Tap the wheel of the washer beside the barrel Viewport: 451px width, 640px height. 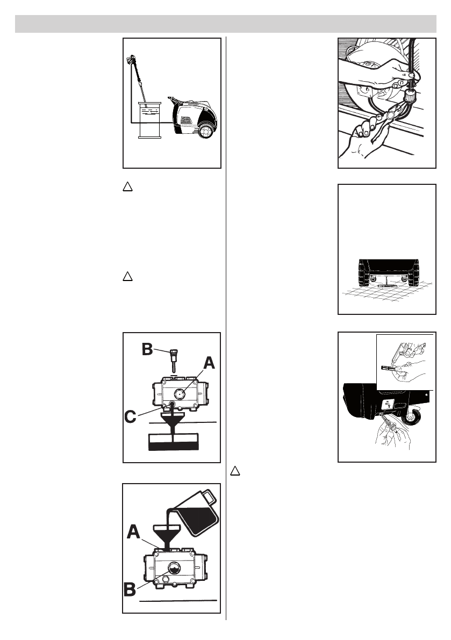(205, 131)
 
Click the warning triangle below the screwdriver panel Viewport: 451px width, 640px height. (235, 471)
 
